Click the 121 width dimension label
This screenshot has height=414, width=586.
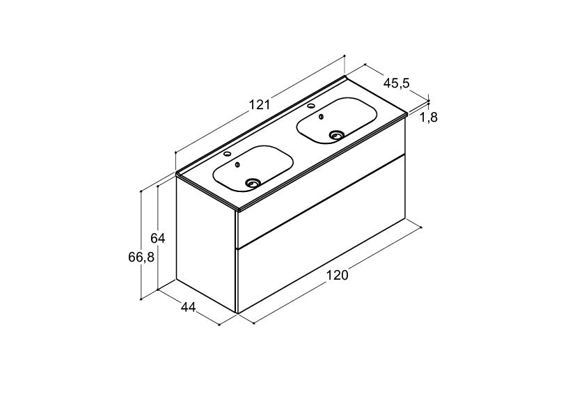coord(260,104)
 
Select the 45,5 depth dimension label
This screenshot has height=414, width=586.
coord(397,83)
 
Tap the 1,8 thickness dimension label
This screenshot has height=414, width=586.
coord(428,118)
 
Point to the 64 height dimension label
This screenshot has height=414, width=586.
coord(158,238)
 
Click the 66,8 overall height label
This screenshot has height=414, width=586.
coord(141,257)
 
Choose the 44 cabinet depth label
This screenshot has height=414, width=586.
coord(189,307)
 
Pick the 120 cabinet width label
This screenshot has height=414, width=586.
coord(337,275)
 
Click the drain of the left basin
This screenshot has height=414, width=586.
coord(253,183)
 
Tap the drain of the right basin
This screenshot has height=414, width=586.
coord(336,135)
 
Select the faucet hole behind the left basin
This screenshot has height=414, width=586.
coord(226,154)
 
